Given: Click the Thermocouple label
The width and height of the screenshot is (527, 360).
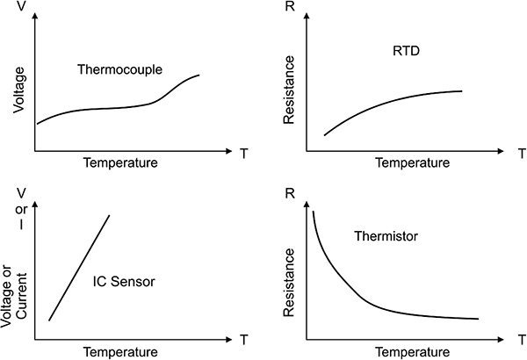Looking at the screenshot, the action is click(119, 69).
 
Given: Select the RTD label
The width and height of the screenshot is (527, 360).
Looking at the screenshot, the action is click(406, 51).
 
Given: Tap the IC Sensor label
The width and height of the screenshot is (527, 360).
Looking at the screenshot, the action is click(124, 281).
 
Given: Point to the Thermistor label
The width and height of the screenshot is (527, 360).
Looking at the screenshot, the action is click(386, 236).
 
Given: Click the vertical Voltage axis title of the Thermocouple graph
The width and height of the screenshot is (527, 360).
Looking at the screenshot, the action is click(18, 90).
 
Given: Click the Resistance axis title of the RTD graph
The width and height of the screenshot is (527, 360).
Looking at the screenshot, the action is click(289, 90).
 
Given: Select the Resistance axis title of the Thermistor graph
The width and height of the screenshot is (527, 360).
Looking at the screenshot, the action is click(289, 283).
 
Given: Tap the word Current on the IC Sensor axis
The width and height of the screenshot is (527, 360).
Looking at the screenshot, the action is click(21, 296).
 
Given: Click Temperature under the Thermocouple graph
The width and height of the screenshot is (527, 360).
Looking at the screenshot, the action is click(120, 162).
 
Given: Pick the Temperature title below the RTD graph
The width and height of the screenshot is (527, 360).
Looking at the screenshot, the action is click(413, 162).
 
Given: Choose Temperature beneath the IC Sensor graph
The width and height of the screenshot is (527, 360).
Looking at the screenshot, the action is click(120, 352).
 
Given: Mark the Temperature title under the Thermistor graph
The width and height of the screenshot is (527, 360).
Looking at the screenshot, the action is click(413, 352).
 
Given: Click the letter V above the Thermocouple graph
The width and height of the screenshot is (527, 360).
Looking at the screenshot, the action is click(21, 6).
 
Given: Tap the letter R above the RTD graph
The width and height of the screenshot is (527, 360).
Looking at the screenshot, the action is click(290, 6).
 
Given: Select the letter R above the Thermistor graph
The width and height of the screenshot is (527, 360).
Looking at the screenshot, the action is click(290, 194).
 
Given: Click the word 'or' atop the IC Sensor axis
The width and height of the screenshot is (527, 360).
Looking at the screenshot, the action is click(21, 210).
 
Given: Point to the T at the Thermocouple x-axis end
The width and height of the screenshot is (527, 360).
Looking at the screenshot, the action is click(244, 154).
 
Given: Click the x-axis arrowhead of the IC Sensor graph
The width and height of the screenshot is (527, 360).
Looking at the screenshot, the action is click(229, 340).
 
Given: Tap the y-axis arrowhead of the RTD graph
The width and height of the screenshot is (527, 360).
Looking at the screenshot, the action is click(307, 16).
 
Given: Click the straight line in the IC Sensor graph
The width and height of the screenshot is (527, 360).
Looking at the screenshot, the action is click(79, 268).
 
